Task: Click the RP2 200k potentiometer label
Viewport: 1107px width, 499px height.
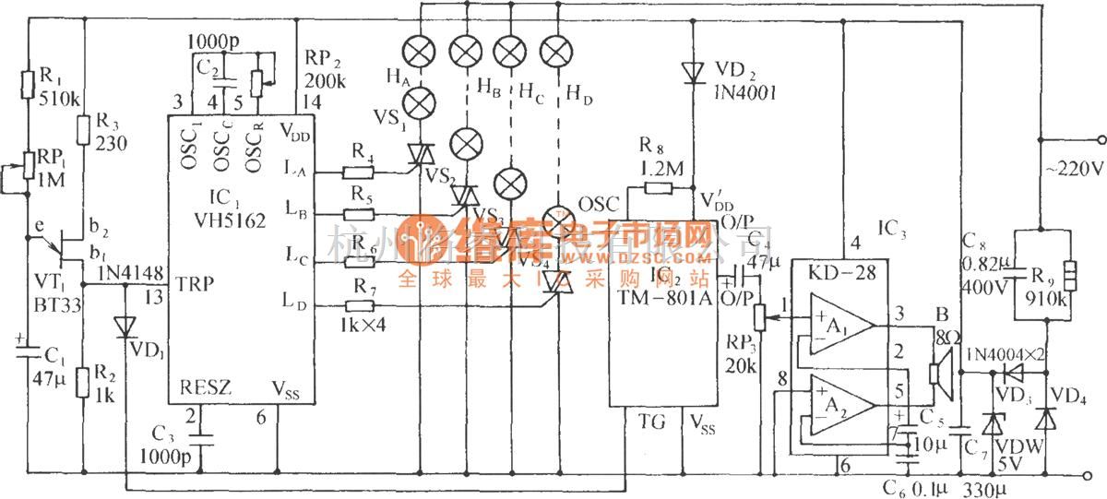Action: [x=324, y=69]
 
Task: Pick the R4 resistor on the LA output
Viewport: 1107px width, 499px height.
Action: [x=357, y=171]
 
